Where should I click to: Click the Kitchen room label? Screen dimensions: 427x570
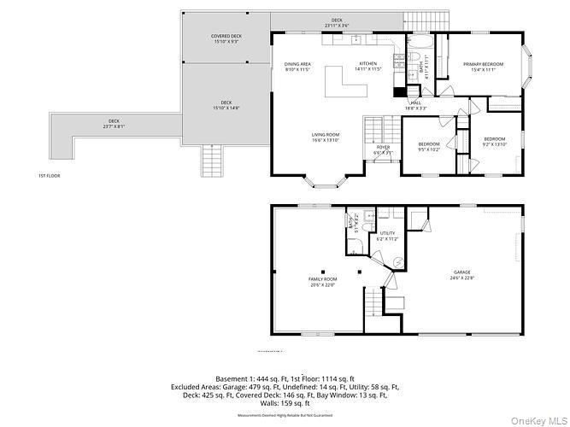coord(367,67)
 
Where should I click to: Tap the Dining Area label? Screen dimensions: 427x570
coord(298,67)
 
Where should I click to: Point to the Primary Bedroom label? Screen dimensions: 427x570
coord(483,67)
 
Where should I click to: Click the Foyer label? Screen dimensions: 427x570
coord(383,149)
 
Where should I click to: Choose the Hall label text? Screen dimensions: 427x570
coord(416,106)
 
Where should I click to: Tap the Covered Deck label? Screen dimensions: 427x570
coord(227,39)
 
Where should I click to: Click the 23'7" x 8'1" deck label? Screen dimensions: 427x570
coord(114,124)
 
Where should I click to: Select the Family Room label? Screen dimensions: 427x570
coord(323,282)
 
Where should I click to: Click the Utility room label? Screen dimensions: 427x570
coord(387,235)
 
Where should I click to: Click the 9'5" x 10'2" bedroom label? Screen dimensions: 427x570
coord(428,146)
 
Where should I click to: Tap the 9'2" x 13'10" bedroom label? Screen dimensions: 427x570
coord(494,141)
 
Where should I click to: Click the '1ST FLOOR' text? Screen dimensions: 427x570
coord(49,176)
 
